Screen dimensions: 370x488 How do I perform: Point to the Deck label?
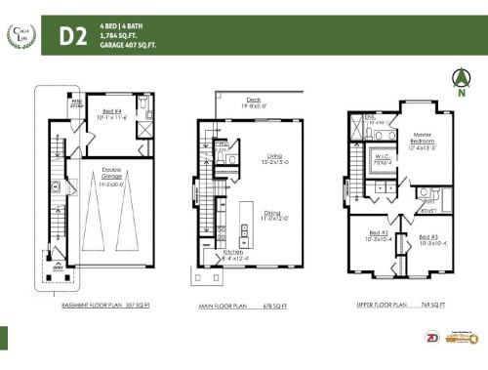pyautogui.click(x=253, y=99)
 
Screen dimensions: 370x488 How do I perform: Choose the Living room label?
pyautogui.click(x=272, y=158)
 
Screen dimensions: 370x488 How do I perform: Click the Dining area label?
pyautogui.click(x=272, y=214)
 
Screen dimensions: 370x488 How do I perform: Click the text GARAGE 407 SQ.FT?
pyautogui.click(x=129, y=45)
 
